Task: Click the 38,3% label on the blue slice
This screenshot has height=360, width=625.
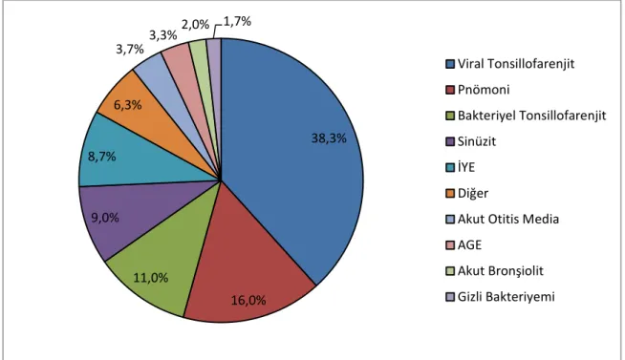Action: click(x=329, y=138)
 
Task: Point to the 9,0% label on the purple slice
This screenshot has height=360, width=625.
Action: click(x=105, y=218)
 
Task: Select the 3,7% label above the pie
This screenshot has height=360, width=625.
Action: click(x=130, y=49)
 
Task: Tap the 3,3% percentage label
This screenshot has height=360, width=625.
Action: click(x=163, y=35)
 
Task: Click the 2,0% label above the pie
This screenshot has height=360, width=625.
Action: click(x=195, y=24)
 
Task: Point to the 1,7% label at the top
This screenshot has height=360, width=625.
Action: click(x=237, y=21)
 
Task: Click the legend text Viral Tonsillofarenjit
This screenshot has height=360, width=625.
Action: click(x=516, y=64)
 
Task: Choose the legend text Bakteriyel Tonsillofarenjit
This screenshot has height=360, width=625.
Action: click(x=531, y=116)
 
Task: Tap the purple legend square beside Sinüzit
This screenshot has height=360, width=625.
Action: click(x=450, y=141)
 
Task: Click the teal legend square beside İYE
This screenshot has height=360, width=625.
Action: click(x=450, y=168)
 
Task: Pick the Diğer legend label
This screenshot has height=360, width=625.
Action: click(x=473, y=193)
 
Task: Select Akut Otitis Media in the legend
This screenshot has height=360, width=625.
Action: click(x=508, y=219)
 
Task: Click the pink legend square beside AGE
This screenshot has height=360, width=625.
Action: click(x=450, y=245)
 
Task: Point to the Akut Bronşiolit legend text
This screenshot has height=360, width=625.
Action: click(x=500, y=271)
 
